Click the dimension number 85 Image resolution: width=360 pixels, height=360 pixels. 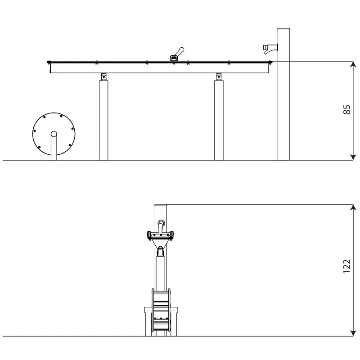pos(346,110)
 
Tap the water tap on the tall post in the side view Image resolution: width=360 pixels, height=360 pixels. pos(270,48)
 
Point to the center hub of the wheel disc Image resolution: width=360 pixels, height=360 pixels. pos(54,134)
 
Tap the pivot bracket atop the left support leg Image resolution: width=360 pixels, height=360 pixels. pos(103,76)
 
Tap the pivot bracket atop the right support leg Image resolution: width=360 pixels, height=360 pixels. pos(219,76)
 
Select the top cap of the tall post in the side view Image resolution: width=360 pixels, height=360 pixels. pos(283,30)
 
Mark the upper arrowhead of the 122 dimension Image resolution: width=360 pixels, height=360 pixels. pos(353,207)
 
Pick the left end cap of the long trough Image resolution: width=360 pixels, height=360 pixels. pos(49,62)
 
